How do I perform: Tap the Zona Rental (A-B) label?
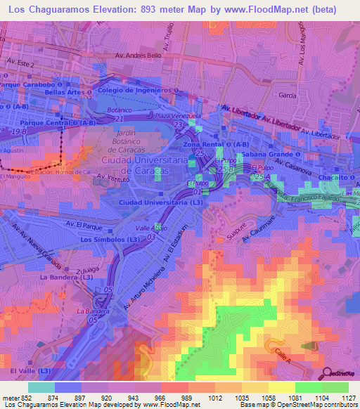tap(210, 144)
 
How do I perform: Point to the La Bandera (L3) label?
tap(67, 278)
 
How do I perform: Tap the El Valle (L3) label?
tap(30, 370)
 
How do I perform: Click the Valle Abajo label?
tap(150, 228)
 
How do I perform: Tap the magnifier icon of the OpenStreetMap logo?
tap(328, 372)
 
